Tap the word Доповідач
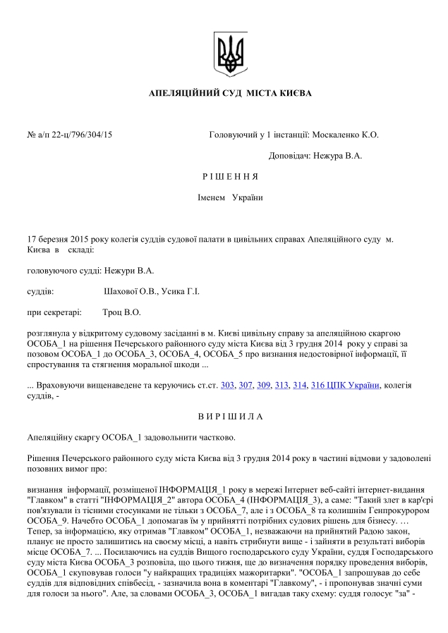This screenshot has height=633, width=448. click(x=291, y=156)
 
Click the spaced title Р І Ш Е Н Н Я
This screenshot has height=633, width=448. click(x=229, y=176)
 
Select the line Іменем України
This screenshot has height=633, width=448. click(x=229, y=197)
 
